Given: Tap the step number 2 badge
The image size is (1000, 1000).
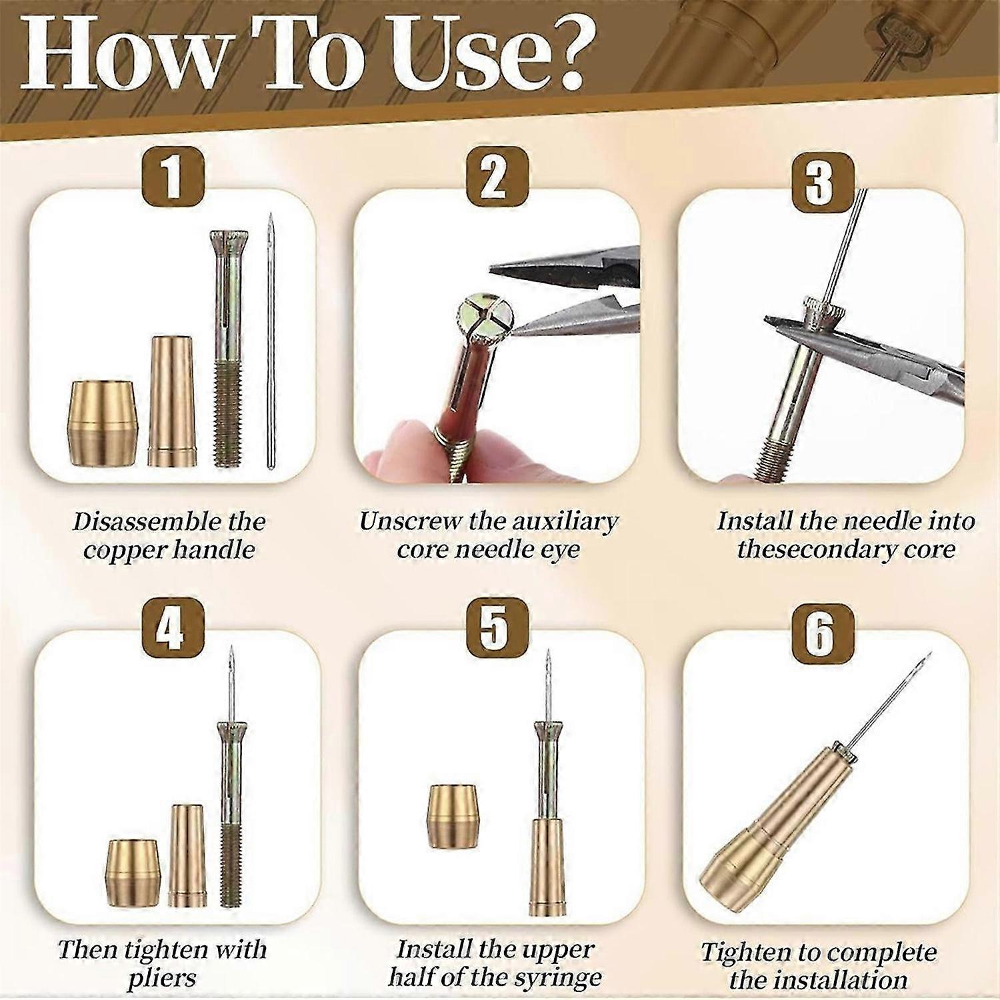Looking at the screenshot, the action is click(494, 177).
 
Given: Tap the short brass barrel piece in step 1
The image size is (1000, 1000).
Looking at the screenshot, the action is click(106, 423).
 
